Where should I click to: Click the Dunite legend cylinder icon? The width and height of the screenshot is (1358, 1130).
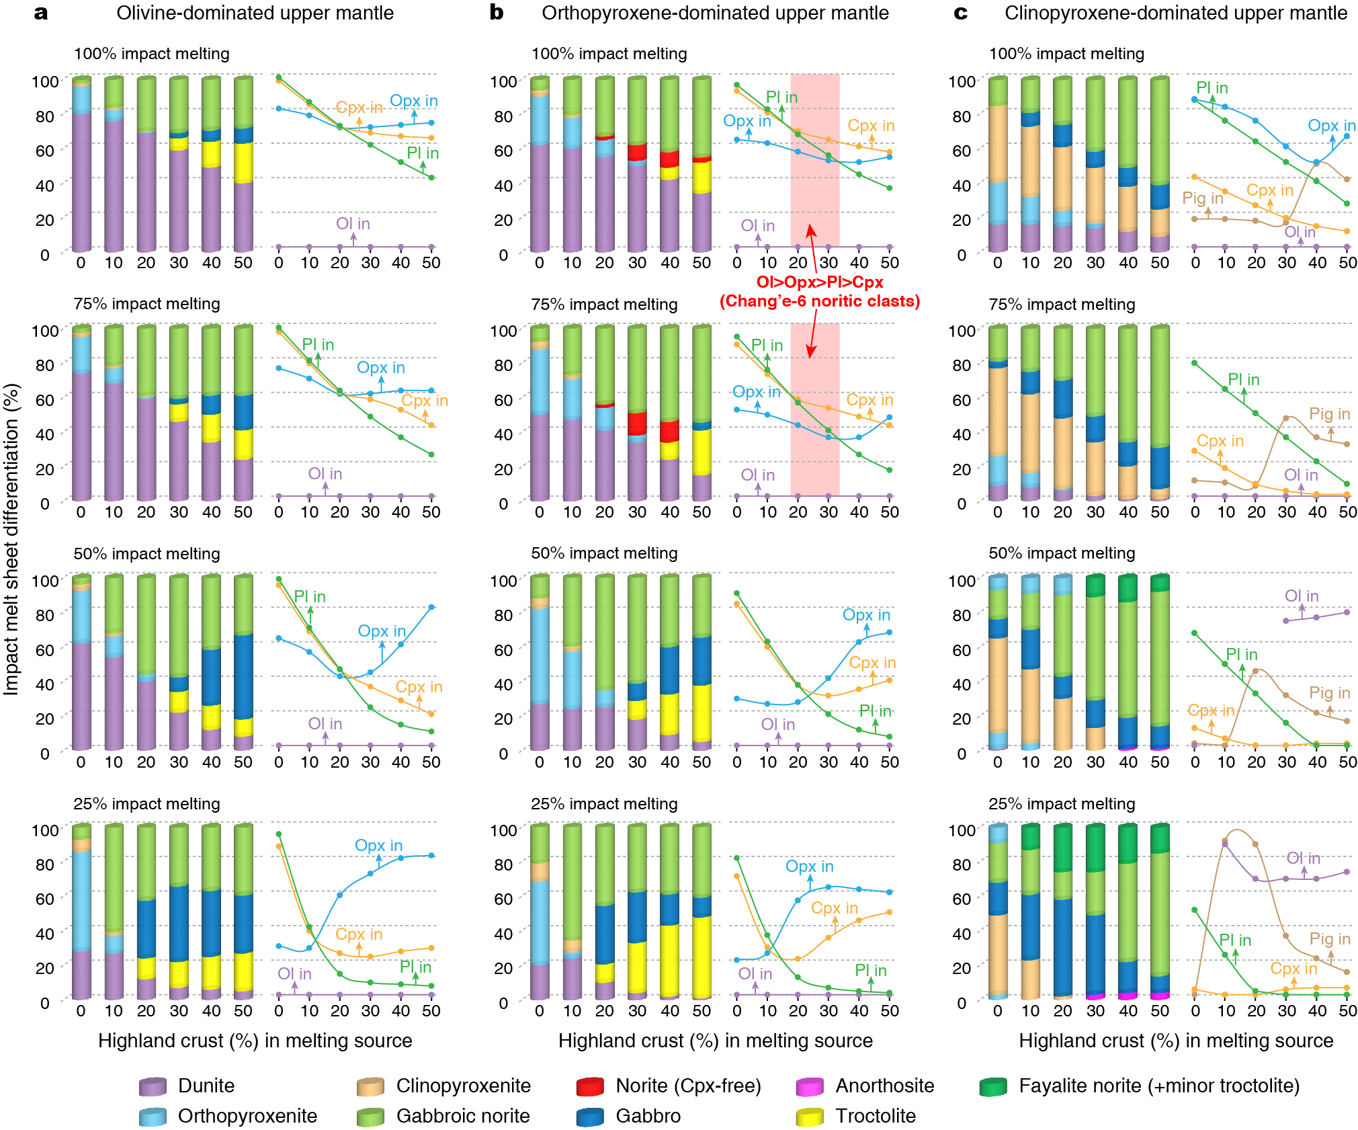153,1086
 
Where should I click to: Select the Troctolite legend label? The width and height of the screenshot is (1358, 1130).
875,1116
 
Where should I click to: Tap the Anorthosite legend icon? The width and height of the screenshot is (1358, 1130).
809,1086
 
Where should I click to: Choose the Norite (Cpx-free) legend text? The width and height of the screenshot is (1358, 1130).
688,1086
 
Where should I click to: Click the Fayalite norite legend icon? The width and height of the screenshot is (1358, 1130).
993,1086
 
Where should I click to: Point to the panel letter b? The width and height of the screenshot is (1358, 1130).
496,12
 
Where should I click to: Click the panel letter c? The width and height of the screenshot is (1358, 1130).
960,12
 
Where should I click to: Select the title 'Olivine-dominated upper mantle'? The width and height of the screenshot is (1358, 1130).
255,13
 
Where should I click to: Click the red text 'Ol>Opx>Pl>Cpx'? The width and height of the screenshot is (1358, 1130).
819,282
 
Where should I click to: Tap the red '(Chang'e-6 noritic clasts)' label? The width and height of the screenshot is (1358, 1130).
819,301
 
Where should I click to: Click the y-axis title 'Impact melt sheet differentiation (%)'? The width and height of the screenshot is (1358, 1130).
11,538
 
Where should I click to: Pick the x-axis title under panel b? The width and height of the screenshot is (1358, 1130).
715,1041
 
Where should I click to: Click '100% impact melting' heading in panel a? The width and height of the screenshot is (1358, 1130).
151,54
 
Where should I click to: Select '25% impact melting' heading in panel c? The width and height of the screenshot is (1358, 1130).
1062,804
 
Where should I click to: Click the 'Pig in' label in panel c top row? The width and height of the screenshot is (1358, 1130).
1202,198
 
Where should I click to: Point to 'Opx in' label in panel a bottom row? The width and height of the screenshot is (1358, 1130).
378,845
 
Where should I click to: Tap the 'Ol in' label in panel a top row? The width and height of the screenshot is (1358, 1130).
353,224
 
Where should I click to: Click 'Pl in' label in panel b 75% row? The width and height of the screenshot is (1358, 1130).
767,345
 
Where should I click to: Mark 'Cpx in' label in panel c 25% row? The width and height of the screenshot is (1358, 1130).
1293,969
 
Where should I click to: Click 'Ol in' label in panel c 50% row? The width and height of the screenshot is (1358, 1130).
1301,596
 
